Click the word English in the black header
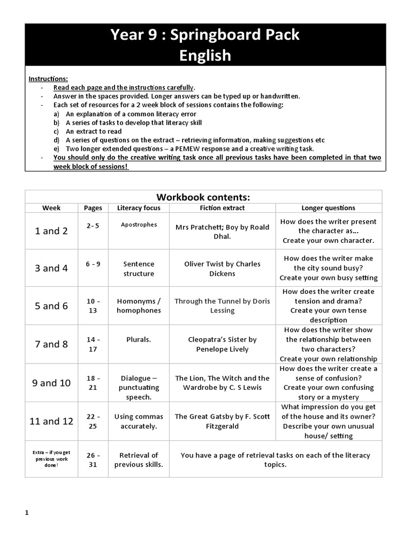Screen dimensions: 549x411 click(205, 55)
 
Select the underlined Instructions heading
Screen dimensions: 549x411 click(48, 78)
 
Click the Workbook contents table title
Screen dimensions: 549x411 click(203, 197)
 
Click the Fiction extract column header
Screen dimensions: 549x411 click(222, 207)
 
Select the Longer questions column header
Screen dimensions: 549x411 click(328, 207)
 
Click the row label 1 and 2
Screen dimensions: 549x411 click(51, 231)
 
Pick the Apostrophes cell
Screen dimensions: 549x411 click(139, 225)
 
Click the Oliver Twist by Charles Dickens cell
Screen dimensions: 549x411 click(222, 269)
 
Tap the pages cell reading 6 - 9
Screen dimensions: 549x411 click(93, 264)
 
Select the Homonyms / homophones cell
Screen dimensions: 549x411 click(139, 306)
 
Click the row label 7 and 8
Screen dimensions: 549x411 click(51, 344)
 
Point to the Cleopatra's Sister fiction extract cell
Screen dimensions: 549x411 click(222, 344)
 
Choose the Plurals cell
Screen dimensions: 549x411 click(139, 339)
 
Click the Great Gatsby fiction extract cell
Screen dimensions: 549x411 click(222, 421)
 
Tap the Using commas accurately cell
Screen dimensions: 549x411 click(139, 421)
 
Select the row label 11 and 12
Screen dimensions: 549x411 click(51, 421)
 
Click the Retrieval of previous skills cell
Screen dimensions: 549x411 click(139, 459)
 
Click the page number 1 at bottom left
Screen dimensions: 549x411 click(26, 513)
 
